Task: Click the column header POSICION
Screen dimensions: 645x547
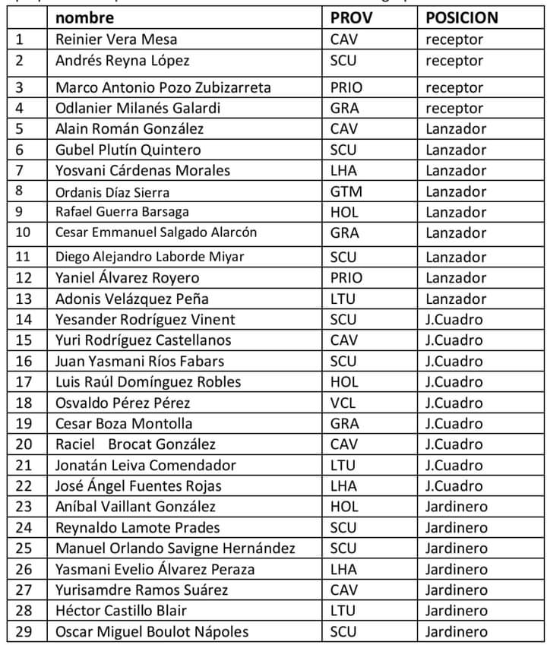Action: point(462,17)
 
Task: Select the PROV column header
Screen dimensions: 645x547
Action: point(350,17)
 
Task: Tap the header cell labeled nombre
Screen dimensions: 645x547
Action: point(85,17)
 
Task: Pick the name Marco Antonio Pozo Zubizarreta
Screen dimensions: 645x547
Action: point(163,87)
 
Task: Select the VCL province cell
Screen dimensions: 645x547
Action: point(343,403)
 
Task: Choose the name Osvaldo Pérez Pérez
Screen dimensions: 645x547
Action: point(123,403)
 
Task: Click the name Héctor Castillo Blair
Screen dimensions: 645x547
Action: point(121,610)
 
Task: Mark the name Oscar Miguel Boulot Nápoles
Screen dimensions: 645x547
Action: point(152,631)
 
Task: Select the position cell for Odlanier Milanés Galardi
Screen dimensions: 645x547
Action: point(454,109)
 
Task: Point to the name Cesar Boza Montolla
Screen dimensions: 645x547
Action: point(124,423)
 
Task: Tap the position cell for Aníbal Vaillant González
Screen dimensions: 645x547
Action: point(457,507)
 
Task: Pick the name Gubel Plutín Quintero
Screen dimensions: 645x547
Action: point(128,150)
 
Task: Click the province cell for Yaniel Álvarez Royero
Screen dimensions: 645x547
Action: point(346,278)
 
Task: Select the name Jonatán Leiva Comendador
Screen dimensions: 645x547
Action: point(146,465)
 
